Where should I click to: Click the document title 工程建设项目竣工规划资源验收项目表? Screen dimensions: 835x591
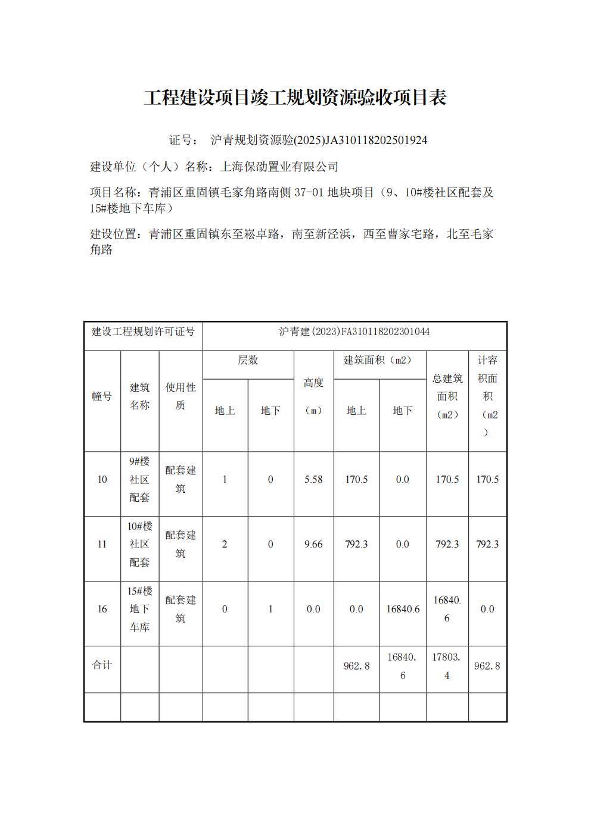(x=295, y=98)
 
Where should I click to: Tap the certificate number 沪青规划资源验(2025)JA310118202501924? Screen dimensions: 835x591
(x=319, y=140)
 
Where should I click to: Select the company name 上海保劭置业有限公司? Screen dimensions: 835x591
(x=279, y=167)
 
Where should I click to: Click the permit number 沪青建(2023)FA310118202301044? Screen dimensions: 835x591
(x=354, y=332)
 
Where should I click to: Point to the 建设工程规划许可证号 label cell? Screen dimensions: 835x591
(x=143, y=332)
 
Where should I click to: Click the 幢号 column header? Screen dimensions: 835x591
(x=102, y=396)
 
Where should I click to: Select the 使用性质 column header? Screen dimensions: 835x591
(x=181, y=396)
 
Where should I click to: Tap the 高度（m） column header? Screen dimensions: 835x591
(x=313, y=396)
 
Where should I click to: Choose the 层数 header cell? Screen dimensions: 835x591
(x=248, y=361)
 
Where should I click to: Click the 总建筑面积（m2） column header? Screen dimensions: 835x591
(x=447, y=396)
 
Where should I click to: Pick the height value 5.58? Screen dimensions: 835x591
(x=313, y=480)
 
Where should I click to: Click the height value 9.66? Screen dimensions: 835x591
(x=313, y=545)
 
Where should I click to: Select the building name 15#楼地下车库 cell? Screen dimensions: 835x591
(x=140, y=609)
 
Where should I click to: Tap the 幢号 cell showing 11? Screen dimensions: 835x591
(x=102, y=545)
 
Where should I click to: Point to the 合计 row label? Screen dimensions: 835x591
(x=102, y=665)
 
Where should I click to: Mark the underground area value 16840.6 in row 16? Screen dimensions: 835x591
(x=403, y=609)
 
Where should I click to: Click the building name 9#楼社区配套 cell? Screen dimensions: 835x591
(x=140, y=480)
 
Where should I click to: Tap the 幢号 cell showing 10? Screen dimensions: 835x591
(x=102, y=480)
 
